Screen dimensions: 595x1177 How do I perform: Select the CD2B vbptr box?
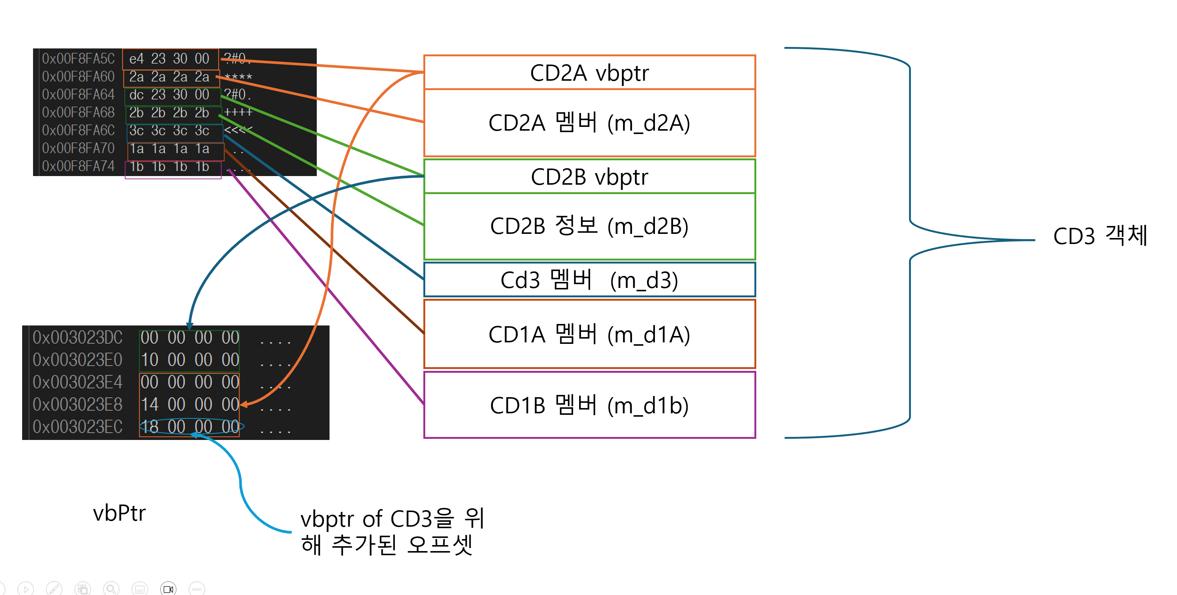click(589, 177)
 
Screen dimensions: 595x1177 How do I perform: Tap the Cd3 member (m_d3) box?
click(589, 280)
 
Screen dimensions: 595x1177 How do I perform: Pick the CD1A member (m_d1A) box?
click(589, 334)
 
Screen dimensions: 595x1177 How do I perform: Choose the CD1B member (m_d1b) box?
click(589, 405)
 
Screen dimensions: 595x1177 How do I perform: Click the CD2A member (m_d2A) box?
click(589, 123)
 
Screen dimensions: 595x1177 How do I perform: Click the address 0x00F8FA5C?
click(78, 59)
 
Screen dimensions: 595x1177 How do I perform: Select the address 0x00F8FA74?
click(78, 166)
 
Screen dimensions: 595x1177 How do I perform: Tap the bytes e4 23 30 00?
click(170, 59)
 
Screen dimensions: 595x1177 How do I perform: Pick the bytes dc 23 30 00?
click(170, 95)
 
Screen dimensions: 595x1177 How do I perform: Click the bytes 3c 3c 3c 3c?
click(170, 131)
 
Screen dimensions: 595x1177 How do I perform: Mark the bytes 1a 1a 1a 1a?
click(170, 149)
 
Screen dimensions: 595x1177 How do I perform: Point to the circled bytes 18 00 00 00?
click(190, 426)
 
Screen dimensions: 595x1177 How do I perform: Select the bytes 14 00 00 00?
click(190, 404)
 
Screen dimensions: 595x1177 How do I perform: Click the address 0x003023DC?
click(77, 337)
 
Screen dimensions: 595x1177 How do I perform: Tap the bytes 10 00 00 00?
click(190, 360)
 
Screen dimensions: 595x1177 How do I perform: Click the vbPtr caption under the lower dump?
click(119, 513)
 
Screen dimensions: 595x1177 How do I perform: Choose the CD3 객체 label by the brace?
click(1100, 236)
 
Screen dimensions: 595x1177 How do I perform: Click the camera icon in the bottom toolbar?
click(168, 589)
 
